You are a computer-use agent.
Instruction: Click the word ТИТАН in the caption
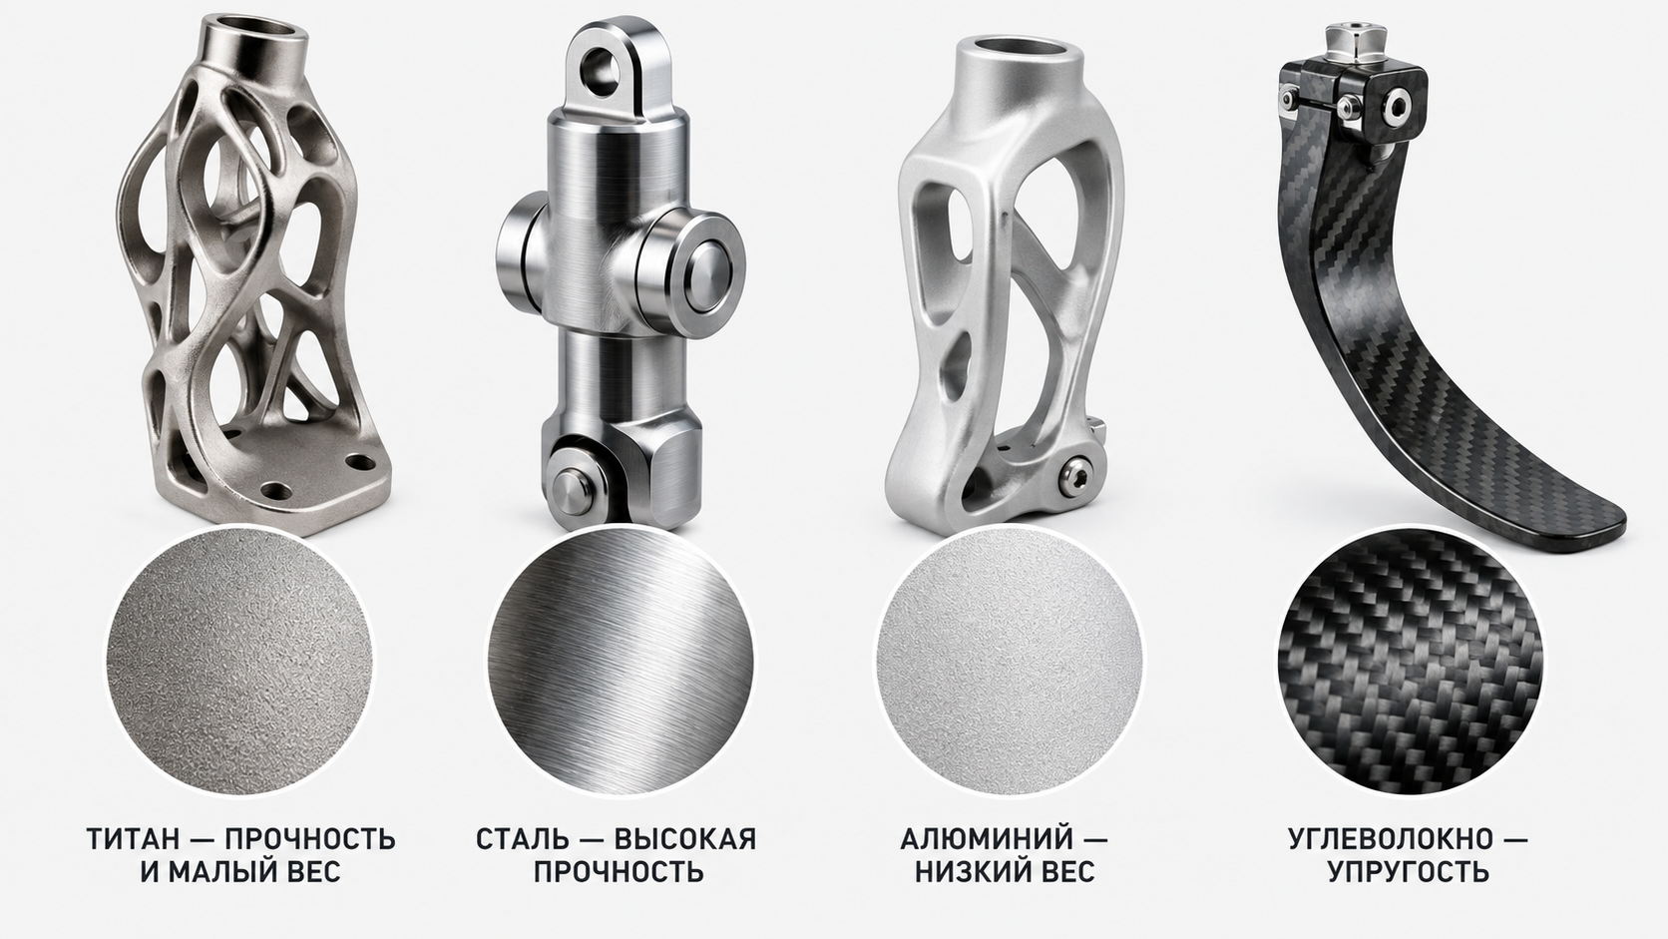click(x=134, y=839)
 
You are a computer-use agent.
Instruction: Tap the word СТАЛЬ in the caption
click(x=521, y=839)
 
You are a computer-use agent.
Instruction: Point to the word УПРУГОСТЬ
click(x=1408, y=871)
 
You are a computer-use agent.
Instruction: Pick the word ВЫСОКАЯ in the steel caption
click(x=684, y=839)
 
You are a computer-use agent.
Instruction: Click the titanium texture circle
click(x=239, y=662)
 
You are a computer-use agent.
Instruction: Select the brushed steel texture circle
click(x=621, y=662)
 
